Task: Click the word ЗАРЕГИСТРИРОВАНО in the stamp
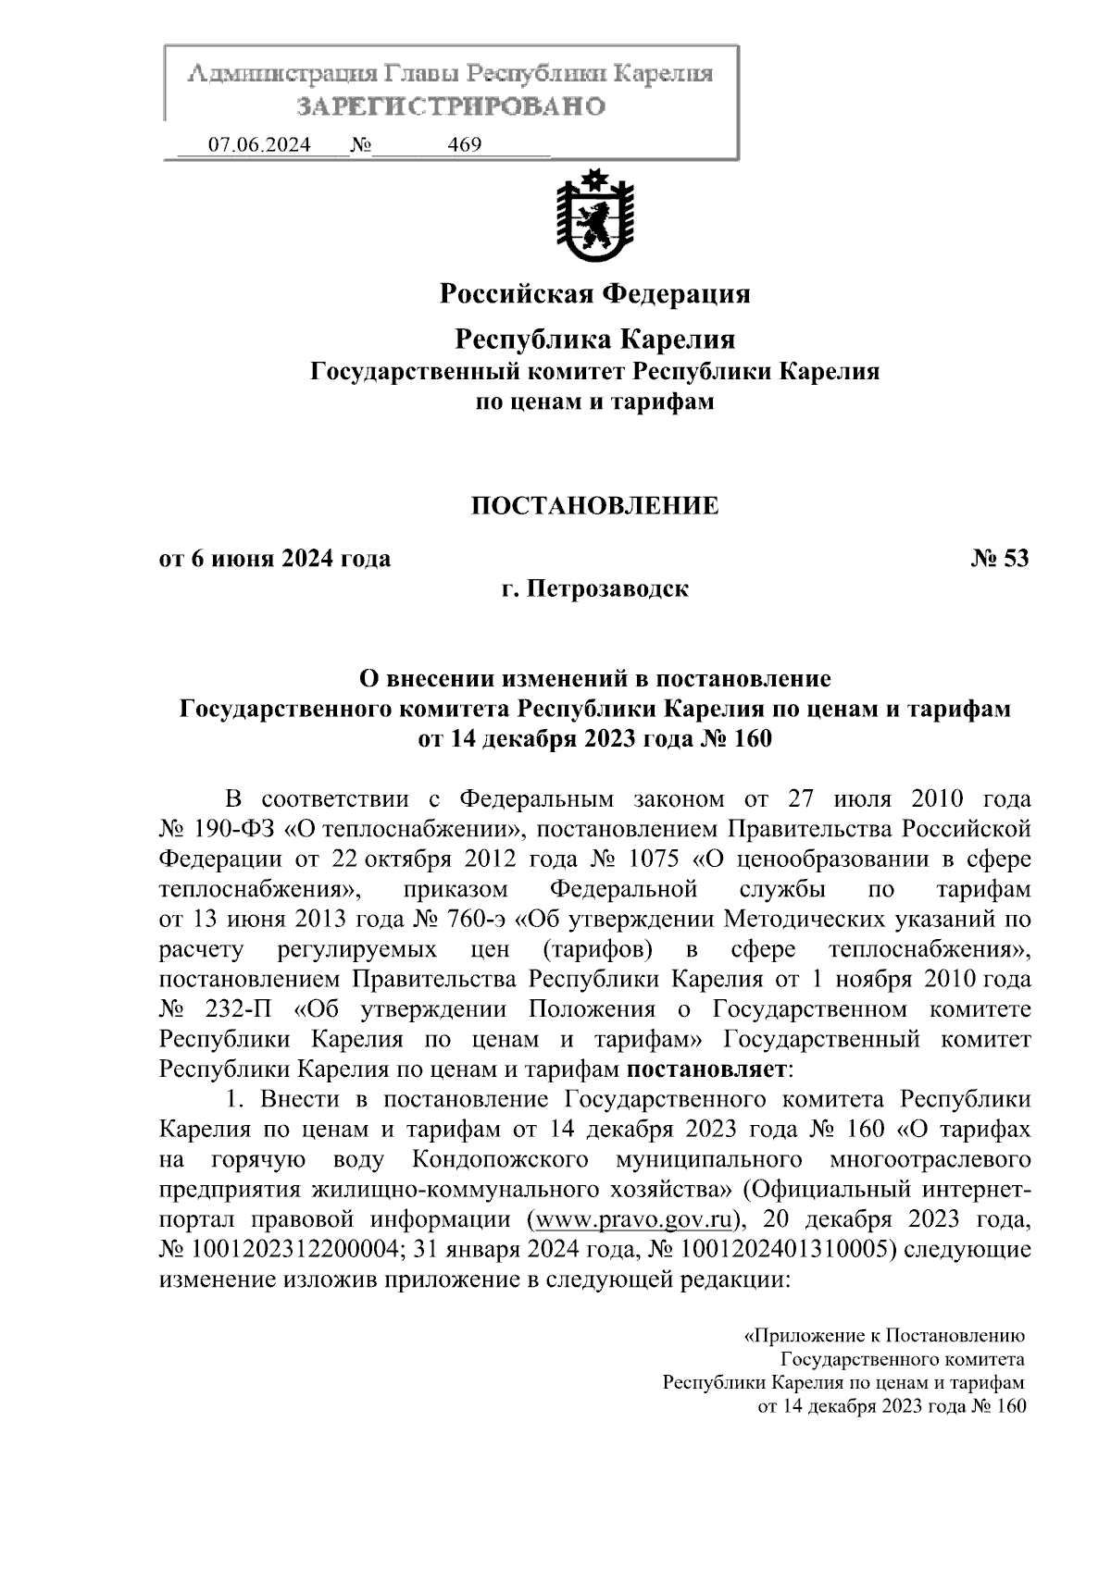point(451,105)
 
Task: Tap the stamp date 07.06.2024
point(259,145)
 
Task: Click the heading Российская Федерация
point(594,294)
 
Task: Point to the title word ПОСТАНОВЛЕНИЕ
point(594,505)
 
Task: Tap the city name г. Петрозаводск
point(594,588)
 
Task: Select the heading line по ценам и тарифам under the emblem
point(594,402)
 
